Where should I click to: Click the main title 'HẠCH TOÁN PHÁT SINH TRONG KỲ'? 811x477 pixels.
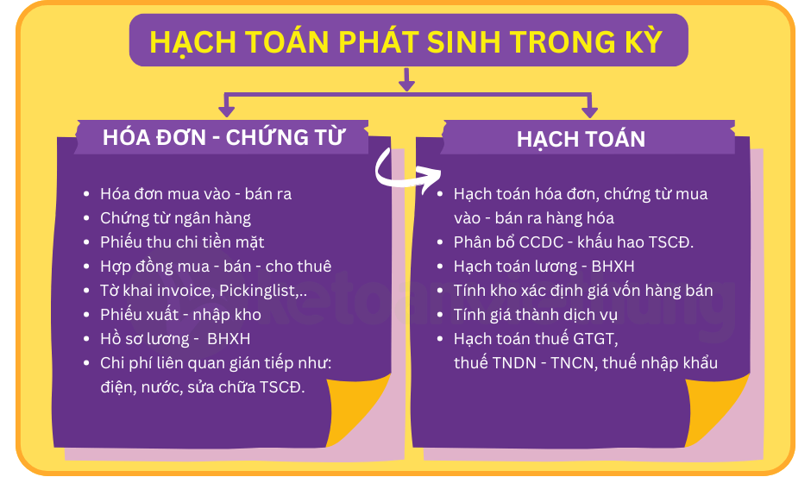pos(406,41)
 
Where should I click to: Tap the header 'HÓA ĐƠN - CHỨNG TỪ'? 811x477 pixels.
pos(223,137)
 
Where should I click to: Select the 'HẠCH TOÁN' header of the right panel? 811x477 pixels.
pos(581,139)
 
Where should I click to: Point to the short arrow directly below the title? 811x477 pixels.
pos(406,79)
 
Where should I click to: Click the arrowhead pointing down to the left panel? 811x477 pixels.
pos(227,111)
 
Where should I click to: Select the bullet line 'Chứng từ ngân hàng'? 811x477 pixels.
pos(175,218)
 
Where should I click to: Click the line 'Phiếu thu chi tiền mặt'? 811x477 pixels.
pos(182,242)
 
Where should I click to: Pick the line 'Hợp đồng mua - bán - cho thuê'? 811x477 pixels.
pos(216,267)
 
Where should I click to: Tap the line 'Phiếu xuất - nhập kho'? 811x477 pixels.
pos(180,315)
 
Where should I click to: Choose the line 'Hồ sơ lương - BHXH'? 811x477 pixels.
pos(175,339)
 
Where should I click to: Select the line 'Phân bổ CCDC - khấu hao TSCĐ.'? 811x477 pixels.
pos(574,242)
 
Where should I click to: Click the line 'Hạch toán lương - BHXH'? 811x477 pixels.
pos(544,267)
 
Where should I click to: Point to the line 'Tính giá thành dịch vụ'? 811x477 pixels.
pos(535,315)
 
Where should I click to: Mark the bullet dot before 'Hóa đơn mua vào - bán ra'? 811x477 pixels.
pos(86,194)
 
